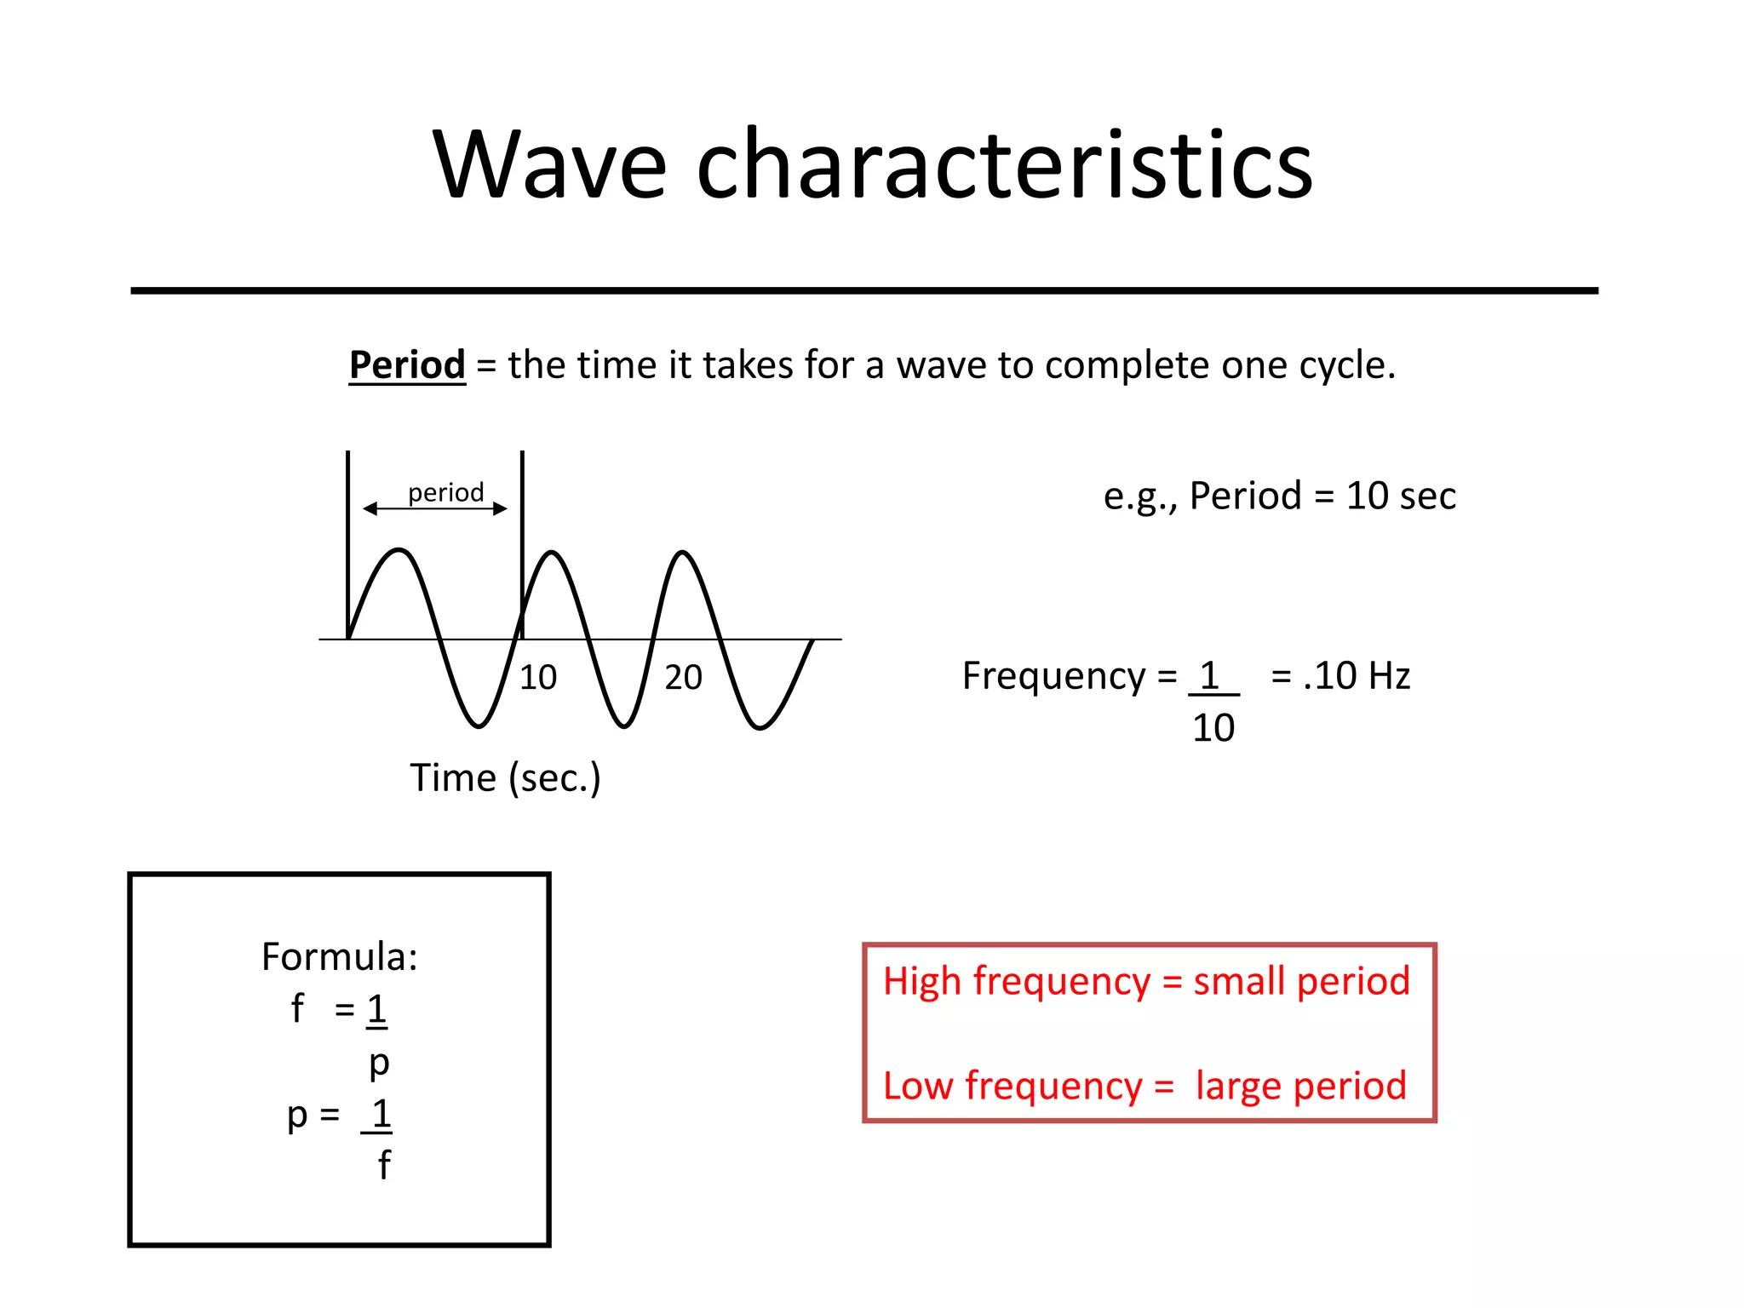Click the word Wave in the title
(x=549, y=166)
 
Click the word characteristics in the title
(x=1005, y=166)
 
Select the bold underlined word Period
(x=407, y=365)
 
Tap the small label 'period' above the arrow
(x=445, y=493)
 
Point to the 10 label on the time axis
(x=538, y=678)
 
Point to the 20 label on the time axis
(x=683, y=678)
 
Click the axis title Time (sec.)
(x=505, y=778)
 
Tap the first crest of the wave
(x=399, y=551)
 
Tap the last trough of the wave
(x=759, y=727)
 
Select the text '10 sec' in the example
(x=1401, y=496)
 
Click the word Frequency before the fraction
(x=1053, y=676)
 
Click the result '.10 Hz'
(x=1357, y=676)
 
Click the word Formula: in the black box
(x=339, y=957)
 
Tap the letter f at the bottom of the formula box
(x=384, y=1165)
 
